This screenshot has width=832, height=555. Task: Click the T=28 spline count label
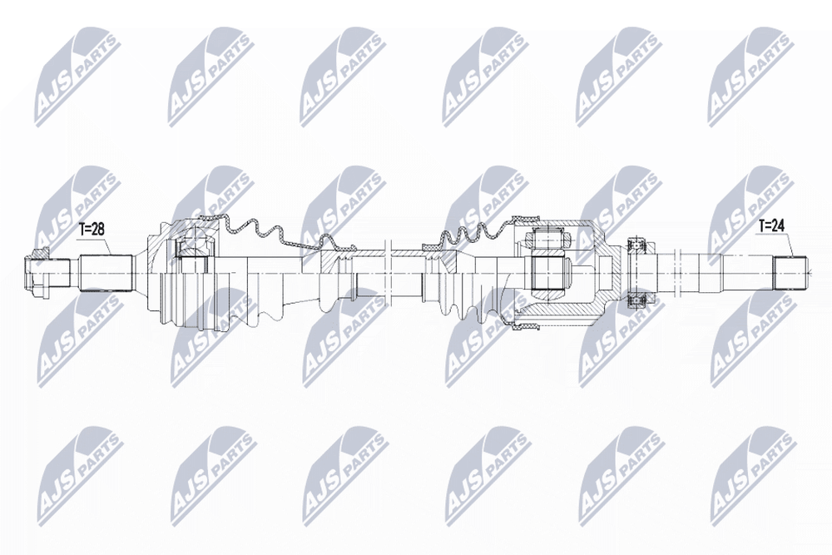point(92,229)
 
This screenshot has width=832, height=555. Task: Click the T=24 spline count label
point(770,225)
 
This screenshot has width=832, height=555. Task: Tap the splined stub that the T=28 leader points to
point(106,273)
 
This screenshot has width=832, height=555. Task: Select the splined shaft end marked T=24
point(790,273)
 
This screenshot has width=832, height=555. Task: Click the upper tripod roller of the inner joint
point(547,239)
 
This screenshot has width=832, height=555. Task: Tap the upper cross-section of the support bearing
point(636,245)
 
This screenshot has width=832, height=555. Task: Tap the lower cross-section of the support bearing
point(636,301)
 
